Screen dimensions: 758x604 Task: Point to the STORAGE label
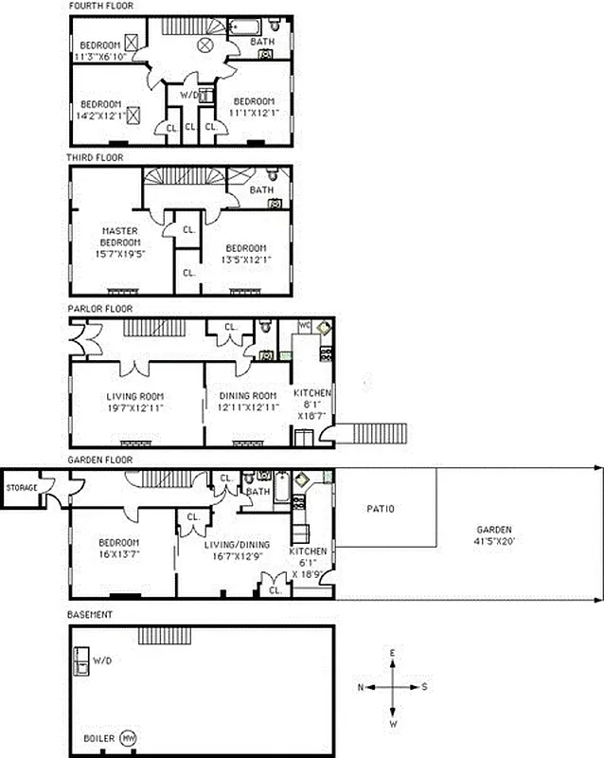click(x=22, y=487)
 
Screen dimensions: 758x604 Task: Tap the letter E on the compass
click(x=394, y=653)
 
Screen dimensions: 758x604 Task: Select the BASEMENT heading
click(x=90, y=615)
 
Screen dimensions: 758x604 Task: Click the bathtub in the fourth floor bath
click(x=249, y=26)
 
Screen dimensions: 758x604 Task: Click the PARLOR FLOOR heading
click(x=99, y=308)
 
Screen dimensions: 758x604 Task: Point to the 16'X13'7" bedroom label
click(x=120, y=550)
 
